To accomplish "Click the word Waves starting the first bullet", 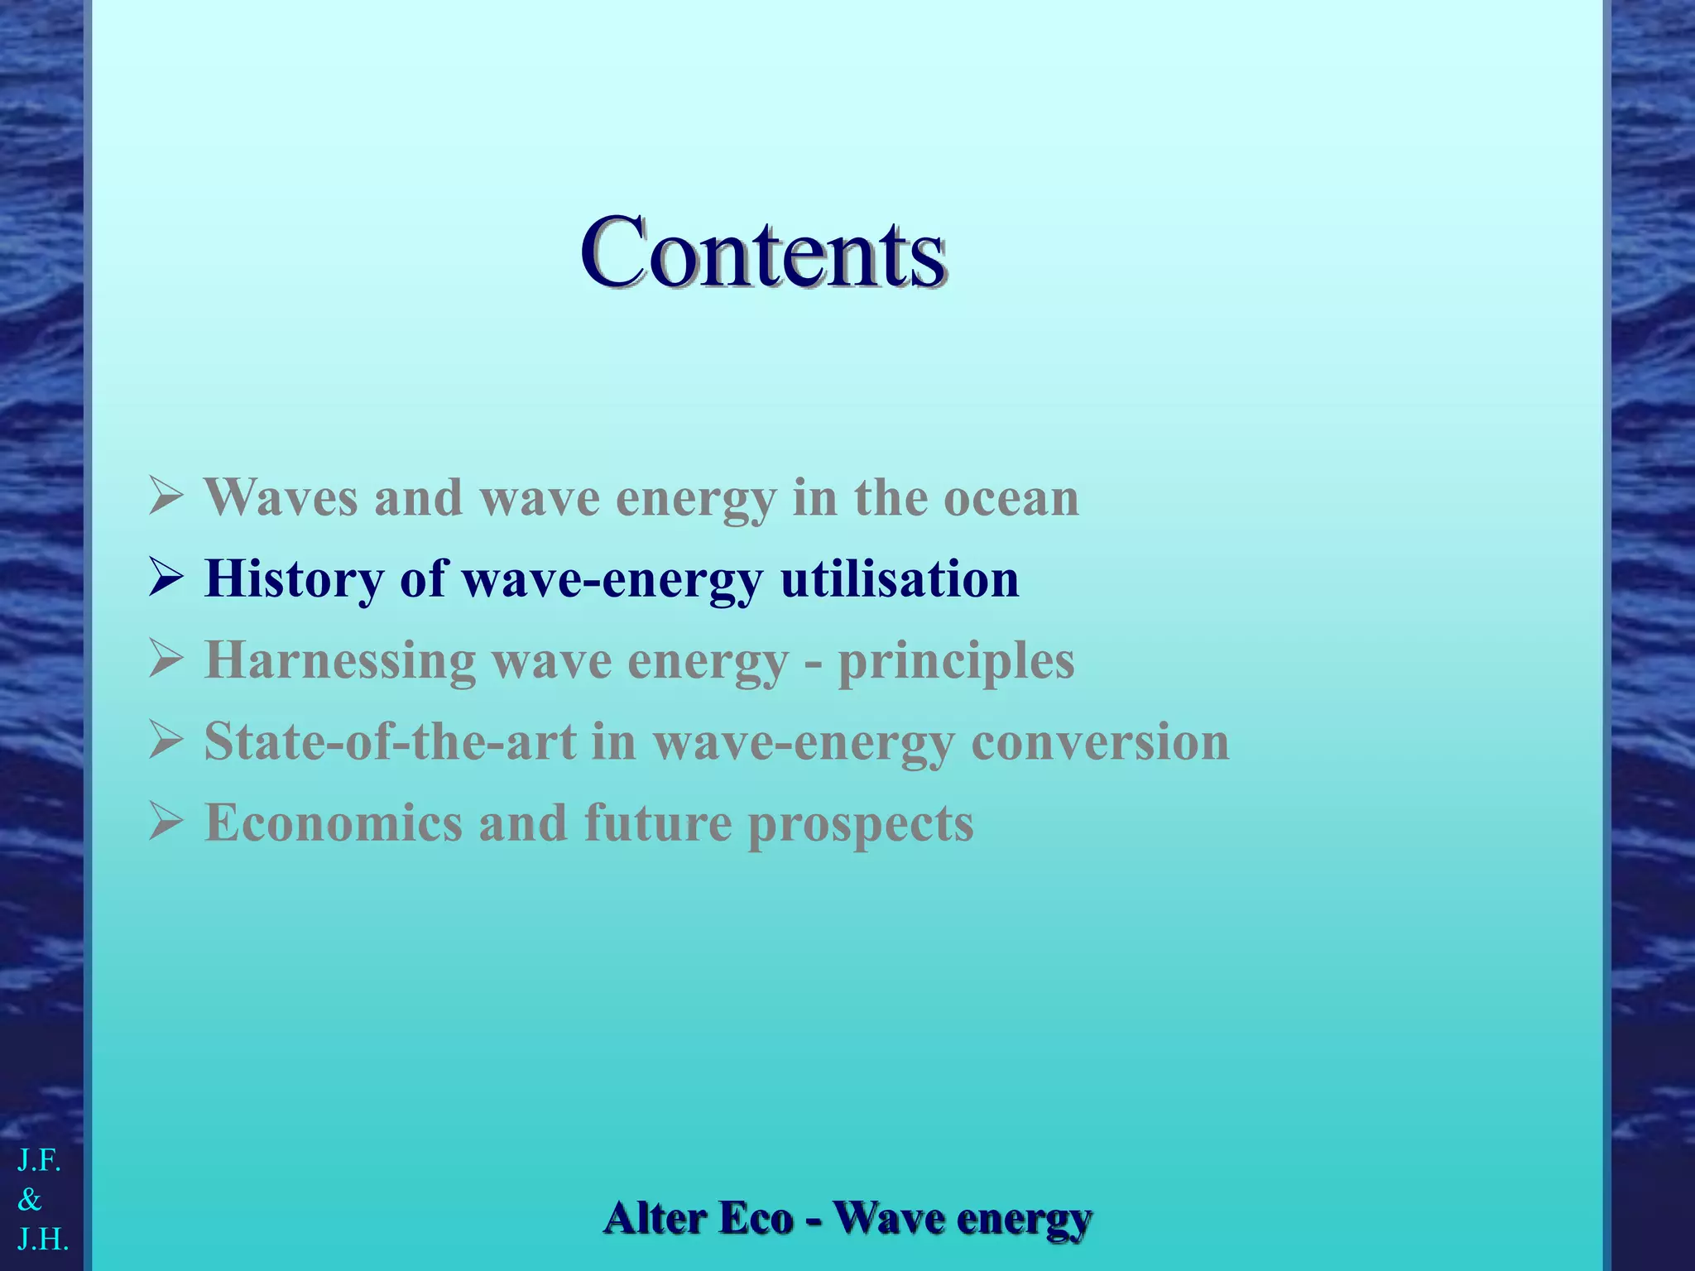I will pyautogui.click(x=281, y=498).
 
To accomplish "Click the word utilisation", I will pyautogui.click(x=900, y=579).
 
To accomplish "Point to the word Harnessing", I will pyautogui.click(x=340, y=660).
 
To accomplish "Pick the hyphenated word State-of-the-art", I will pyautogui.click(x=390, y=741).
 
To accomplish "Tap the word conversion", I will pyautogui.click(x=1100, y=741).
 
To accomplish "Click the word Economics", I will pyautogui.click(x=334, y=823).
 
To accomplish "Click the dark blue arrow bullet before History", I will pyautogui.click(x=166, y=579).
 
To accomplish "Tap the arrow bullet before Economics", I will pyautogui.click(x=166, y=823).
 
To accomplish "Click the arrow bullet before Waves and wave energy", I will pyautogui.click(x=166, y=498).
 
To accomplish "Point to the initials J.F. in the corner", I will pyautogui.click(x=40, y=1161).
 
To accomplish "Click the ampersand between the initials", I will pyautogui.click(x=29, y=1199).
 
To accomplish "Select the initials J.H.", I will pyautogui.click(x=43, y=1239).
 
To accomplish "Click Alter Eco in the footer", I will pyautogui.click(x=699, y=1218).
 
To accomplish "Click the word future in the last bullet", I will pyautogui.click(x=658, y=823).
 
